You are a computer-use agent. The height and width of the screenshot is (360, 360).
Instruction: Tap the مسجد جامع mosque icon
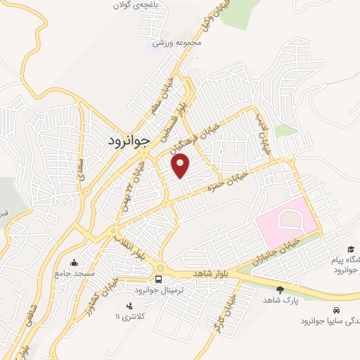75,263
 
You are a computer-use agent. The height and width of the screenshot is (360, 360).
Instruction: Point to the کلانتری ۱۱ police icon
129,306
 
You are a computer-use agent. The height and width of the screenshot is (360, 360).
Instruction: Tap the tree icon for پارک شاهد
281,290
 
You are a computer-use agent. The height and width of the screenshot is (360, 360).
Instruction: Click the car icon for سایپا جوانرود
337,309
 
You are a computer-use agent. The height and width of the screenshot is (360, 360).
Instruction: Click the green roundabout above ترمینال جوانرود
161,267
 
